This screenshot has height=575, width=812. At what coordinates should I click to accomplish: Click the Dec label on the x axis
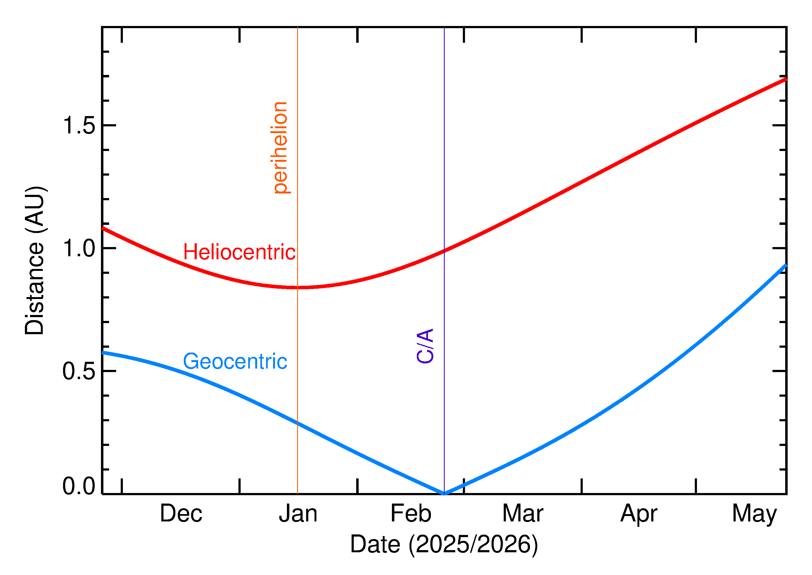click(181, 514)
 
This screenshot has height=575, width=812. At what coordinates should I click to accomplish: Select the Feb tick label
click(411, 514)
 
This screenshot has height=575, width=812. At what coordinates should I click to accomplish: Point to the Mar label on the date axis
click(523, 514)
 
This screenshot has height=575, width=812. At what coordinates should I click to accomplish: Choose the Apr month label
click(639, 514)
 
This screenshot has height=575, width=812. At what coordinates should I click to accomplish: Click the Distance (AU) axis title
click(34, 261)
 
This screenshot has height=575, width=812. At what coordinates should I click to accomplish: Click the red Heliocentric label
click(239, 252)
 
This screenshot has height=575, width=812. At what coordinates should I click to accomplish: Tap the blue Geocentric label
click(235, 362)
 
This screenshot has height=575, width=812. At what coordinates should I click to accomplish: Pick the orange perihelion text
click(280, 148)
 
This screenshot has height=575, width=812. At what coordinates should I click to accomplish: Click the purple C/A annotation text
click(425, 346)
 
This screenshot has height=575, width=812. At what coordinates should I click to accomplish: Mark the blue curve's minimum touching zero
click(444, 494)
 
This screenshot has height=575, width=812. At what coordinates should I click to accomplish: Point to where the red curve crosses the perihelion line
click(297, 287)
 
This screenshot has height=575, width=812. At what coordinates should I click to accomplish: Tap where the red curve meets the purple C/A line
click(444, 251)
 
